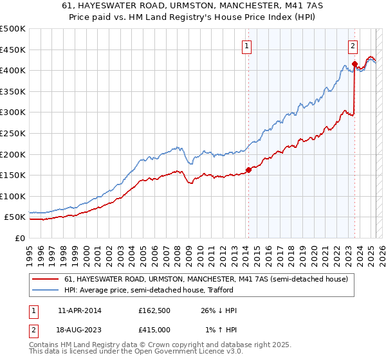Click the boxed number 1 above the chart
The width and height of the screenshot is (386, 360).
(x=247, y=45)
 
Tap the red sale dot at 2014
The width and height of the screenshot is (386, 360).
(x=248, y=170)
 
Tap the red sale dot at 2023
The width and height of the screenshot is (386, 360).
(x=354, y=64)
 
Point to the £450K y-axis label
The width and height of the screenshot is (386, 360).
(x=13, y=50)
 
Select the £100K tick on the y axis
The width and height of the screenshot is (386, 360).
(x=13, y=196)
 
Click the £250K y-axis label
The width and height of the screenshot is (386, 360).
(x=13, y=133)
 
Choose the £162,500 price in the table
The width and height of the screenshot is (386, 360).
(x=154, y=310)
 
